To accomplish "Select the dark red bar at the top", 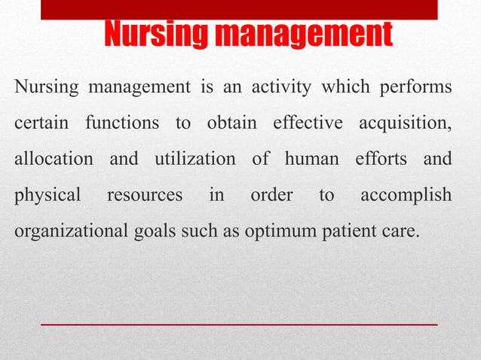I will coord(239,9).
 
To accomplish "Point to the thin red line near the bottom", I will coord(239,324).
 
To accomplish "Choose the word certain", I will coord(41,124).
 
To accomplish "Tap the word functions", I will coord(122,124).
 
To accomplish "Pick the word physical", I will coord(47,196).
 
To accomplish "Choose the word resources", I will coord(145,196).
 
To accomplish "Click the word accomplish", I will coord(406,196).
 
